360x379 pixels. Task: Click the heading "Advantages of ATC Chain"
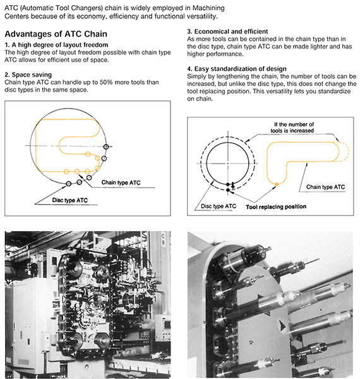pyautogui.click(x=56, y=34)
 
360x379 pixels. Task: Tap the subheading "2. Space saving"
pyautogui.click(x=28, y=75)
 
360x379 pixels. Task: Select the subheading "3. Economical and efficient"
pyautogui.click(x=227, y=32)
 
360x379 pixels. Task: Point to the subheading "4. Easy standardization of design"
pyautogui.click(x=237, y=69)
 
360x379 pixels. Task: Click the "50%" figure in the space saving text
pyautogui.click(x=106, y=82)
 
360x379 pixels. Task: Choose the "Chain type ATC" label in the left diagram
pyautogui.click(x=121, y=183)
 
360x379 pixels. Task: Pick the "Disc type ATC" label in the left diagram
pyautogui.click(x=70, y=200)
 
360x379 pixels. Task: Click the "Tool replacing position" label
pyautogui.click(x=276, y=207)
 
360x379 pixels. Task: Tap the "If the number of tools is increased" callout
pyautogui.click(x=292, y=128)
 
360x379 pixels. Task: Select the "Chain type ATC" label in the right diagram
pyautogui.click(x=325, y=187)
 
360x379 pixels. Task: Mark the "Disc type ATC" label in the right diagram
pyautogui.click(x=219, y=206)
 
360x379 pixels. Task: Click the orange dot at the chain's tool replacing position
pyautogui.click(x=277, y=184)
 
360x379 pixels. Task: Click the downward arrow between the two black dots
pyautogui.click(x=232, y=185)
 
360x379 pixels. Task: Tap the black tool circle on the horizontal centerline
pyautogui.click(x=106, y=147)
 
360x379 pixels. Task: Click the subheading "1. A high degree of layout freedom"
pyautogui.click(x=56, y=45)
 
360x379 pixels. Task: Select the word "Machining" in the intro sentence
pyautogui.click(x=208, y=8)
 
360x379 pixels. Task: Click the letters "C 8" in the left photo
pyautogui.click(x=163, y=239)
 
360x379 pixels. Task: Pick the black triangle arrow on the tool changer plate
pyautogui.click(x=282, y=325)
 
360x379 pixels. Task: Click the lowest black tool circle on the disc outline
pyautogui.click(x=69, y=184)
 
